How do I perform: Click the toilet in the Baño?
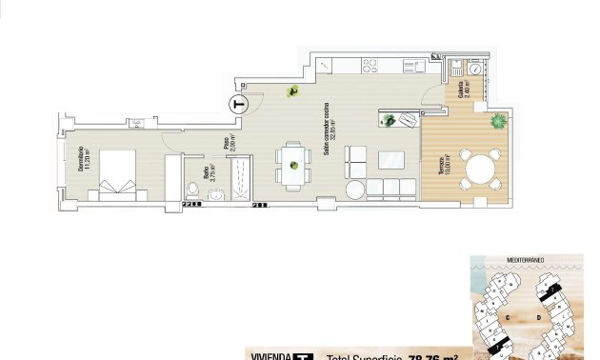215,195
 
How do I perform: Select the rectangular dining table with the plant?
293,167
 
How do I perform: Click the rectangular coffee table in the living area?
391,158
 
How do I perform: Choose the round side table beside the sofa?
354,190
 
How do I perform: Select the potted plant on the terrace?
498,121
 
